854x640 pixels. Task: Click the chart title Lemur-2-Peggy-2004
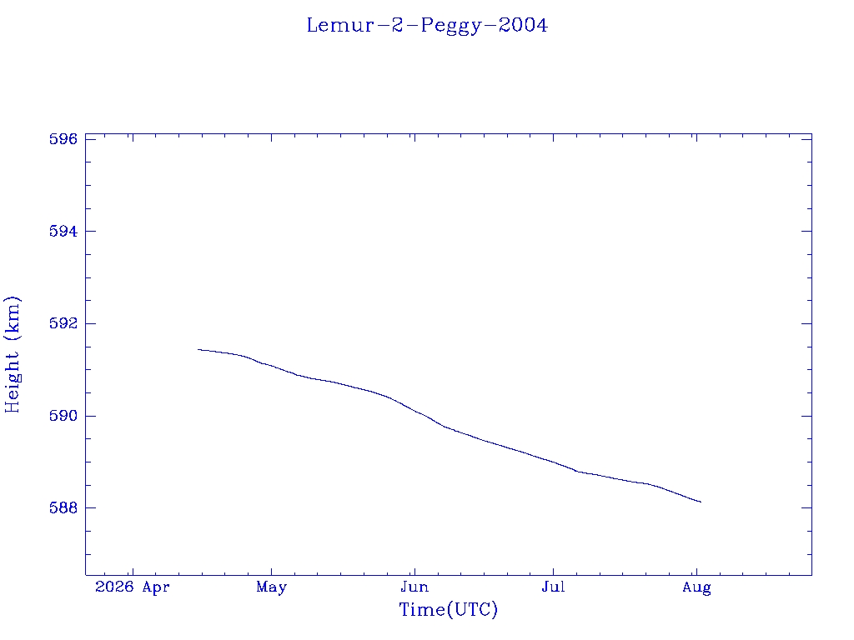click(427, 26)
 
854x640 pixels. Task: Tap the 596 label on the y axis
click(63, 139)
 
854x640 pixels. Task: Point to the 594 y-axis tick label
click(63, 232)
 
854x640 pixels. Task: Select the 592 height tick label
click(63, 323)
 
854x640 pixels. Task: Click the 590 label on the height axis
click(63, 416)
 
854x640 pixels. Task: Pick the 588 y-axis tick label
click(63, 507)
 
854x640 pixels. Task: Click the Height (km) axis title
click(12, 355)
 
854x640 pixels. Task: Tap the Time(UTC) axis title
click(448, 609)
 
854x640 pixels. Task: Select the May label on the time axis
click(271, 587)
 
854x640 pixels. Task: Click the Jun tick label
click(414, 587)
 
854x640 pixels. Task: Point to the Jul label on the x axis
click(554, 587)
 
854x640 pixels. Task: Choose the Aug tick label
click(696, 587)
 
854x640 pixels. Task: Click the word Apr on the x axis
click(156, 587)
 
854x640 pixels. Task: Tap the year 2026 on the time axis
click(114, 587)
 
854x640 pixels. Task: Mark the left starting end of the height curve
click(198, 349)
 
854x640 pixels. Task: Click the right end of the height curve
click(701, 502)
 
